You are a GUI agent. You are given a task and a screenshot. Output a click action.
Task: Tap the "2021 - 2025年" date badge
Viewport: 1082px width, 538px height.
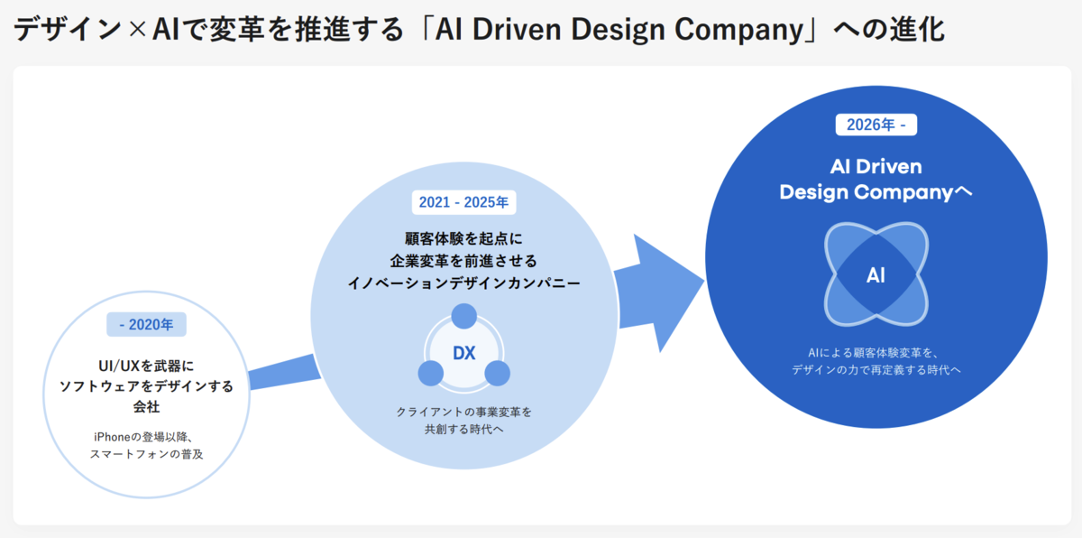pyautogui.click(x=463, y=202)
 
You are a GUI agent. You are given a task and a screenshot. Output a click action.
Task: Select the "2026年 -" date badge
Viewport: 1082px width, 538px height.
pyautogui.click(x=876, y=125)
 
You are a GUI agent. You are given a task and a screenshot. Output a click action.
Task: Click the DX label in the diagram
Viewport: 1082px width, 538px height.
pyautogui.click(x=463, y=353)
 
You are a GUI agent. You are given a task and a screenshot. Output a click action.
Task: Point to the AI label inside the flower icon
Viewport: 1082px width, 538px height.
pyautogui.click(x=876, y=275)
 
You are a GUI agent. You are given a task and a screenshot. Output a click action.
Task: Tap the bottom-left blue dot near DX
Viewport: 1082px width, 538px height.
pyautogui.click(x=431, y=372)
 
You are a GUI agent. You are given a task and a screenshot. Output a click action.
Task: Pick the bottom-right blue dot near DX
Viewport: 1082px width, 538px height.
pyautogui.click(x=497, y=372)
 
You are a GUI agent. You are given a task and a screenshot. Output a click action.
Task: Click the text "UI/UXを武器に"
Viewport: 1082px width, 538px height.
pyautogui.click(x=146, y=366)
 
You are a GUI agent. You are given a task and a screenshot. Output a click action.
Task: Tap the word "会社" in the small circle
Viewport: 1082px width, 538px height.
pyautogui.click(x=146, y=407)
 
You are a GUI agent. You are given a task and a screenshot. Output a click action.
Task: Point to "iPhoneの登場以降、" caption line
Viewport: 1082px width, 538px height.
pyautogui.click(x=146, y=436)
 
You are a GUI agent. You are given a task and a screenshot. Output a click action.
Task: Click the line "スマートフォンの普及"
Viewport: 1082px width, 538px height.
pyautogui.click(x=146, y=454)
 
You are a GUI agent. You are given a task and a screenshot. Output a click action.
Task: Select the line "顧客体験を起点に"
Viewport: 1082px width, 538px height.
pyautogui.click(x=463, y=239)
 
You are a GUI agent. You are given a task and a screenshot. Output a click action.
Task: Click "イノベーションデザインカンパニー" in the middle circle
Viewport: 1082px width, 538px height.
pyautogui.click(x=463, y=283)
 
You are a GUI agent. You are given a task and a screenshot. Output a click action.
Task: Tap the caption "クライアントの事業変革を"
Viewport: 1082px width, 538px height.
pyautogui.click(x=463, y=412)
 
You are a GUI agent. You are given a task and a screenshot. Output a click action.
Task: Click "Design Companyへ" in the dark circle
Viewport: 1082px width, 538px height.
pyautogui.click(x=876, y=192)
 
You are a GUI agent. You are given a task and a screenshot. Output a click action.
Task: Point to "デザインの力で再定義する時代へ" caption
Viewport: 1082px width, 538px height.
pyautogui.click(x=876, y=370)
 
